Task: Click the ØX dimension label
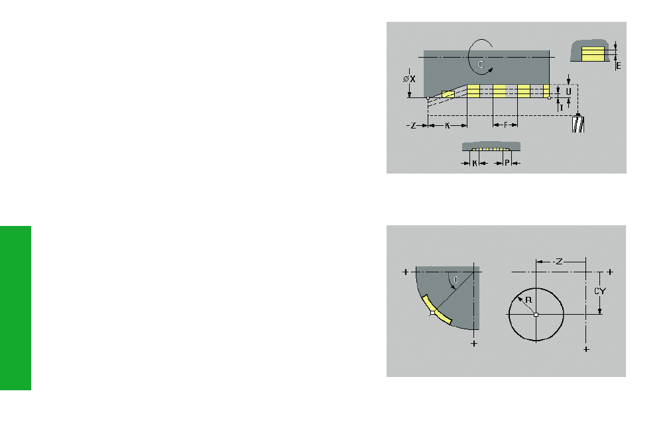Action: tap(409, 79)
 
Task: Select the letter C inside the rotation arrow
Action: tap(481, 64)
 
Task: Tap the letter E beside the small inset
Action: tap(619, 66)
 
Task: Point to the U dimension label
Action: tap(568, 91)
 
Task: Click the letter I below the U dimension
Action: tap(562, 108)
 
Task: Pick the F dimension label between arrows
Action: tap(505, 125)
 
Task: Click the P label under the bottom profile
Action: tap(507, 163)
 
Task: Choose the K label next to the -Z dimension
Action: tap(447, 125)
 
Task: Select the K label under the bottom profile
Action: tap(475, 163)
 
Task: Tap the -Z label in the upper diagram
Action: tap(411, 125)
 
